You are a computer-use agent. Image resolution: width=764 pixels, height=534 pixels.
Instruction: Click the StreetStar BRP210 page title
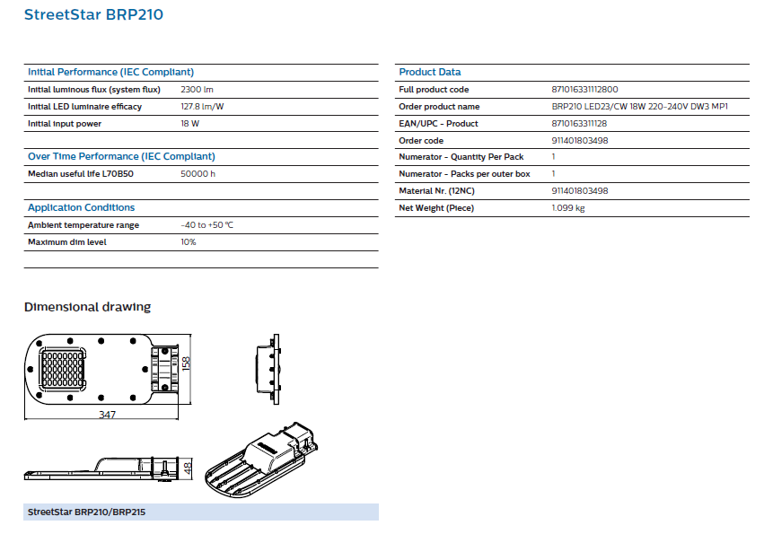tap(93, 14)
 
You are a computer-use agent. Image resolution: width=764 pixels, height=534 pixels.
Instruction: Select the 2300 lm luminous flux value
tap(197, 90)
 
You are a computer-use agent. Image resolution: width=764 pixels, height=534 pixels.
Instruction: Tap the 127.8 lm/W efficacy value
tap(202, 107)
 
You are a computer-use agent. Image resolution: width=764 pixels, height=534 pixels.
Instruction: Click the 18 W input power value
tap(190, 124)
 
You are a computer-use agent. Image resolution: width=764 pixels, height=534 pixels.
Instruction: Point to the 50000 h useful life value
tap(198, 174)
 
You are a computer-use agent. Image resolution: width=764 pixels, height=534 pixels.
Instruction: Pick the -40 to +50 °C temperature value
tap(207, 225)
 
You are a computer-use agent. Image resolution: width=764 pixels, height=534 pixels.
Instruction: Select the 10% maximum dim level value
tap(188, 242)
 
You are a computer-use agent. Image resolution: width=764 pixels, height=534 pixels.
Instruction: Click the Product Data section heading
tap(430, 72)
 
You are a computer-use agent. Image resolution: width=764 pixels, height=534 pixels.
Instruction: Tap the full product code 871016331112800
tap(584, 90)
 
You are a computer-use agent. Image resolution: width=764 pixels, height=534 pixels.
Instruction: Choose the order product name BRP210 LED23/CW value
tap(640, 107)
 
